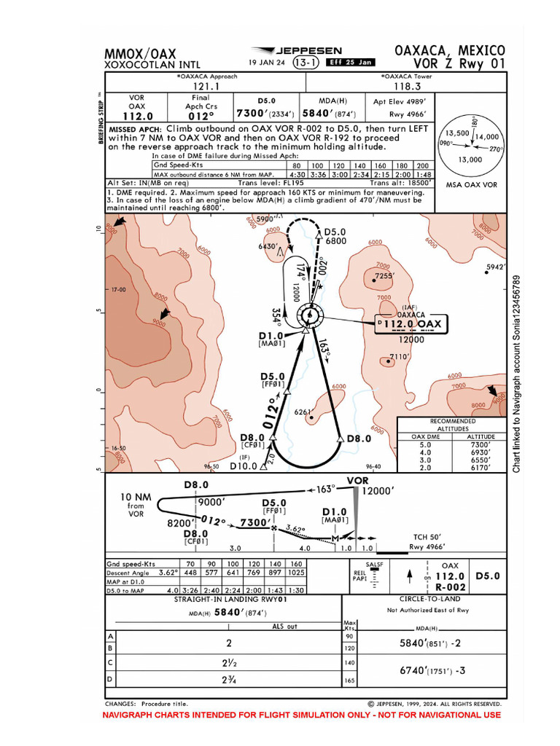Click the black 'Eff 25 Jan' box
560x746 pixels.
pos(351,63)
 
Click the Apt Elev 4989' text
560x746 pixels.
pos(400,102)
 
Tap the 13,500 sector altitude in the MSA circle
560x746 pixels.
pos(457,133)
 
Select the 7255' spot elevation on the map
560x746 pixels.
pos(384,276)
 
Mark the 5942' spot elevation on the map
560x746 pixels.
pos(495,267)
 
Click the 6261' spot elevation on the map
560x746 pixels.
pos(304,412)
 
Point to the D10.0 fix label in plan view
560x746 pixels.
pos(244,466)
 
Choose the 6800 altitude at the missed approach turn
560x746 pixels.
pos(335,241)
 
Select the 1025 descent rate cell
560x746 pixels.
pos(296,572)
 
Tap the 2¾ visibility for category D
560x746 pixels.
pos(228,679)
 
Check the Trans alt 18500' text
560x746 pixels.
pos(401,182)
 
